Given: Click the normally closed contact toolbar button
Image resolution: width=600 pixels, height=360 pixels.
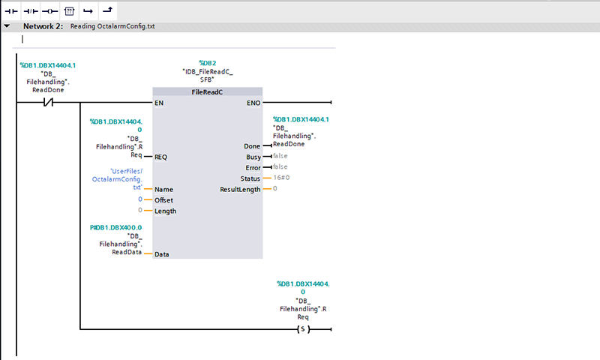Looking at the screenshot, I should tap(31, 11).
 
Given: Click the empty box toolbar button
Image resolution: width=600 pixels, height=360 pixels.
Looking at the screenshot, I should tap(69, 11).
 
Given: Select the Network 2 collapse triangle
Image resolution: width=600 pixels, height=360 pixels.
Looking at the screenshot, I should tap(7, 25).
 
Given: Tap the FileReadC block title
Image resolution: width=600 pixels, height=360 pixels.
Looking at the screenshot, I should tap(207, 91).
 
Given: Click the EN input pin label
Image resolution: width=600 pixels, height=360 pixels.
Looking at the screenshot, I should tap(159, 103).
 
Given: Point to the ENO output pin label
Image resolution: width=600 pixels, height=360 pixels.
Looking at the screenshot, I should tap(254, 103).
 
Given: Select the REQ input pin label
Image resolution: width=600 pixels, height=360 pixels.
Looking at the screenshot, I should tap(160, 157).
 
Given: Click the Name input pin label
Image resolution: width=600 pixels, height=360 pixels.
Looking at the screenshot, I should tap(163, 190).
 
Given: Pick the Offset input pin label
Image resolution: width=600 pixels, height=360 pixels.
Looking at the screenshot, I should tap(164, 200).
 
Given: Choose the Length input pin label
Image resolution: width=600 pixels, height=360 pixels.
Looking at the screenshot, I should tap(165, 211).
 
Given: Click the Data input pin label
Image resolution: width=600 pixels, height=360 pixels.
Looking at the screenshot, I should tap(161, 254).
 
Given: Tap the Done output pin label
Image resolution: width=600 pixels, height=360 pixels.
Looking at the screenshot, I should tap(252, 146).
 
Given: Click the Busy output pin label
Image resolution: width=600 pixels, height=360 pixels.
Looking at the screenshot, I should tap(253, 157).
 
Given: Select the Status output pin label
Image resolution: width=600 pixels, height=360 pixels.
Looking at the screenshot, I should tap(250, 178).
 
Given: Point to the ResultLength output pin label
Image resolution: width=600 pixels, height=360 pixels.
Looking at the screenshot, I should tap(240, 190).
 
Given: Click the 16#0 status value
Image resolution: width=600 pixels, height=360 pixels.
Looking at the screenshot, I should tap(280, 178).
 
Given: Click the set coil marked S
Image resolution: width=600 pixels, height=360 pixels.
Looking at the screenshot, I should tap(302, 329).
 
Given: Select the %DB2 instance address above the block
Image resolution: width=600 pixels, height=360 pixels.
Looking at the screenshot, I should tap(207, 63).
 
